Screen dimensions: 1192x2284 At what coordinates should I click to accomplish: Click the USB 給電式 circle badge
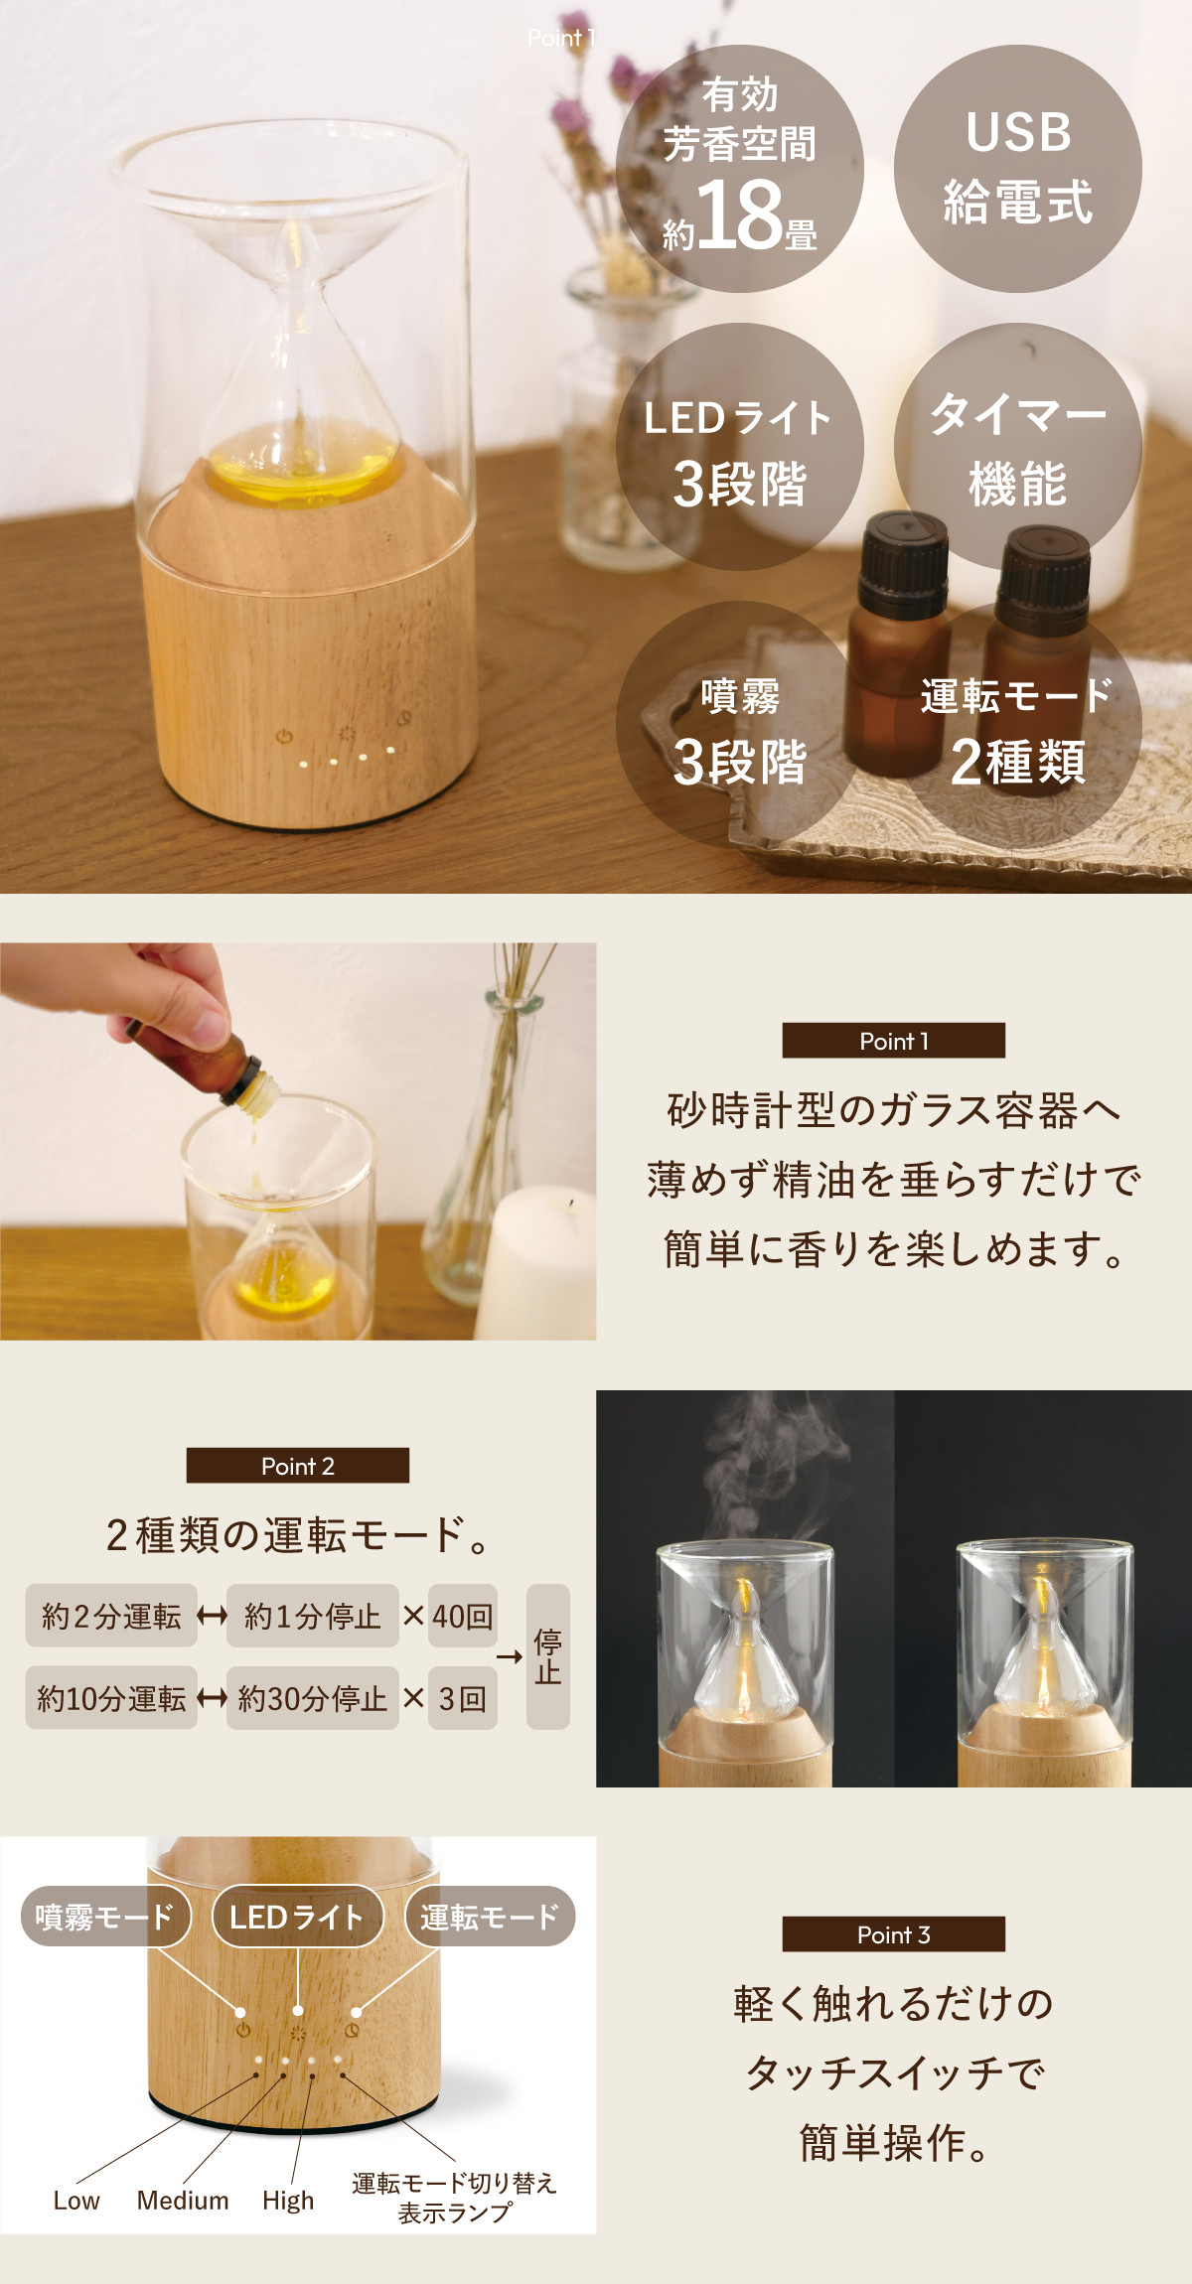click(x=1018, y=169)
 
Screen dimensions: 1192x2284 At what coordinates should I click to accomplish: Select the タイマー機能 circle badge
click(x=1018, y=447)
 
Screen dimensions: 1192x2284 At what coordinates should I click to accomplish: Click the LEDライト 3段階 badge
click(x=740, y=447)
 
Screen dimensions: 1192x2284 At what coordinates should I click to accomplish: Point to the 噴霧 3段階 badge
click(x=740, y=725)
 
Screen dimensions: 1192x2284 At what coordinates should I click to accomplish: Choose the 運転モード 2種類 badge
click(x=1018, y=725)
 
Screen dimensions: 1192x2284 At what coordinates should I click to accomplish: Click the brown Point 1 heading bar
click(x=894, y=1041)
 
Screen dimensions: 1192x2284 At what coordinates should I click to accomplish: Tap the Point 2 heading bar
click(x=298, y=1466)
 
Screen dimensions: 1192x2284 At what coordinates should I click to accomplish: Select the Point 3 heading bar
click(x=894, y=1934)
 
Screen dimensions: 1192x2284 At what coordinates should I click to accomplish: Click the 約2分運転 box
click(x=111, y=1616)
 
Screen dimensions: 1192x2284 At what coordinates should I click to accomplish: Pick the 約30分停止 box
click(x=313, y=1698)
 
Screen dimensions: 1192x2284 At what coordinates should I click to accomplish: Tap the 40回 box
click(x=463, y=1616)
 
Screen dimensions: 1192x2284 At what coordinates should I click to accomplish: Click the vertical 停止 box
click(x=548, y=1656)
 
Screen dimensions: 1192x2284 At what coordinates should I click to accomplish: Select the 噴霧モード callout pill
click(x=104, y=1916)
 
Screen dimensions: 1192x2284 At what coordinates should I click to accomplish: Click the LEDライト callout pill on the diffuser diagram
click(x=298, y=1916)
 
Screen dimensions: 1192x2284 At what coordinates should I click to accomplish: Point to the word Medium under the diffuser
click(x=183, y=2201)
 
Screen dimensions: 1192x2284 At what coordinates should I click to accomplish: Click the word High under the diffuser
click(x=288, y=2202)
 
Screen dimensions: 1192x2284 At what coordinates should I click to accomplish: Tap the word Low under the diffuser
click(x=76, y=2201)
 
